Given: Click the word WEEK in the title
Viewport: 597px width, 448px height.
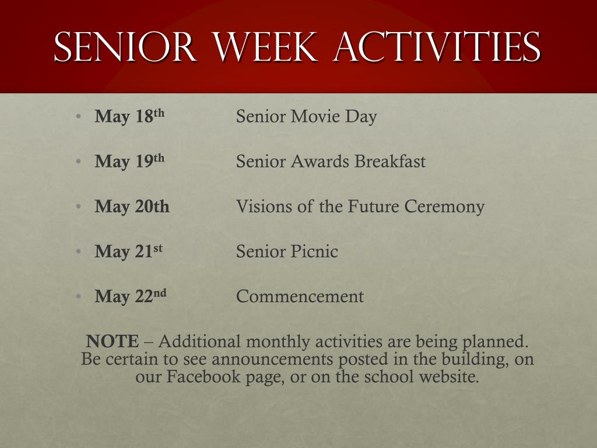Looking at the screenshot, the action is [x=265, y=47].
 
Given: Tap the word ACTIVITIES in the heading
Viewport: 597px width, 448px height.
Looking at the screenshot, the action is [x=437, y=47].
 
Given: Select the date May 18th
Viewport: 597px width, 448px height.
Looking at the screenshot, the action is [x=129, y=116].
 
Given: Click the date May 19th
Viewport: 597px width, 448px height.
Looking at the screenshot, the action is [x=129, y=161].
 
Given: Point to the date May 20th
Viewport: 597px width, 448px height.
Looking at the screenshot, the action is [x=132, y=206].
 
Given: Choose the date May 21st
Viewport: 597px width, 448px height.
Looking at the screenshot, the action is [x=128, y=251].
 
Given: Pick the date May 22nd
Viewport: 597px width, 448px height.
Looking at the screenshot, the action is [x=131, y=296].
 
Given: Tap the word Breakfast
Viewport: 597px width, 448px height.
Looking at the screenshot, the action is [x=390, y=161].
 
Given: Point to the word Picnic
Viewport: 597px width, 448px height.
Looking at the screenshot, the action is [x=314, y=251].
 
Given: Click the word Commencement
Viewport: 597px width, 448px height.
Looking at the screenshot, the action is [x=300, y=296].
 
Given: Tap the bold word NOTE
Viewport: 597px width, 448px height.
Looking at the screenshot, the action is [x=113, y=341].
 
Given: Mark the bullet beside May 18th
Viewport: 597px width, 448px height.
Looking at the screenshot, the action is [x=79, y=116].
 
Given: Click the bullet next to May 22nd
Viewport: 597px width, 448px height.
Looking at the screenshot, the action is [x=79, y=296].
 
